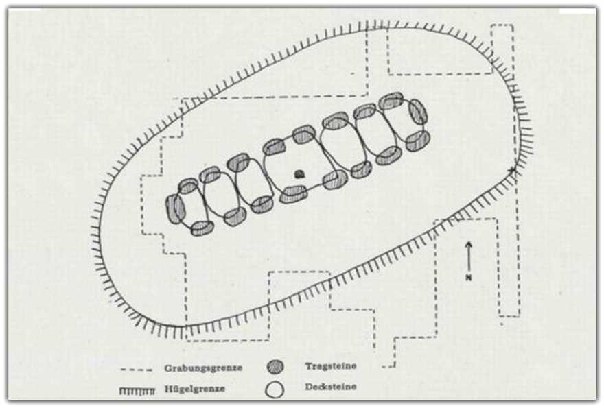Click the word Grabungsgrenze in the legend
pos(203,368)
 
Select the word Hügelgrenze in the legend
pos(194,388)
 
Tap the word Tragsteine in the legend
pos(331,365)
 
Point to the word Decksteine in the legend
pos(331,387)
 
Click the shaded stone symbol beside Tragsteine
pos(275,367)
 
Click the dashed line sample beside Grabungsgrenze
pos(137,370)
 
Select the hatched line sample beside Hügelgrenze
pos(137,391)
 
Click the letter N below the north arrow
pos(468,278)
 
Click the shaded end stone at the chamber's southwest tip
pos(175,208)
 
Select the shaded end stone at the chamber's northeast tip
pos(418,112)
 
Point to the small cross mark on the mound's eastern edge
pos(512,169)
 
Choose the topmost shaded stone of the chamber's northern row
pos(391,101)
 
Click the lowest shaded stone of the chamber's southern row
pos(202,228)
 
